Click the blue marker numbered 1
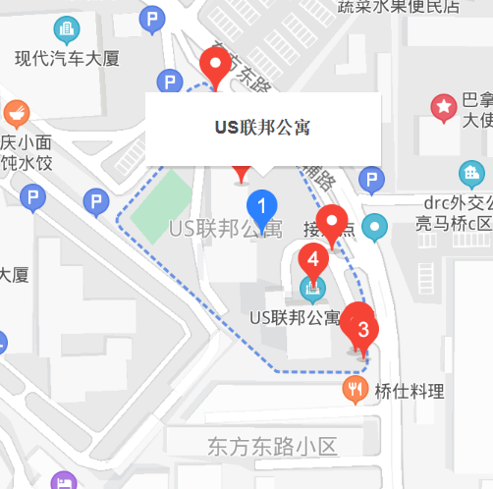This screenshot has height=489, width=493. point(261,207)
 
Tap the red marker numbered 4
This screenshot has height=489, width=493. point(312,260)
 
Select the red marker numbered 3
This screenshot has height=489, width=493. point(362,329)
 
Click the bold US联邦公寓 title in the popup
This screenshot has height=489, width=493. point(262,127)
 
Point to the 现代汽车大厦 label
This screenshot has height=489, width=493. point(67,59)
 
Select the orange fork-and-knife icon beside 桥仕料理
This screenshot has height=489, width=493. point(355,391)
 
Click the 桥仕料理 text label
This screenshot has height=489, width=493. point(410,392)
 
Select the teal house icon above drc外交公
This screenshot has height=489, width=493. point(473,175)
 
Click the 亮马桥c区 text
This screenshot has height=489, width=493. point(453,223)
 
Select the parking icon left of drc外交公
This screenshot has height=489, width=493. point(371,180)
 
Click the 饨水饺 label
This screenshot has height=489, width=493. point(30,162)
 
